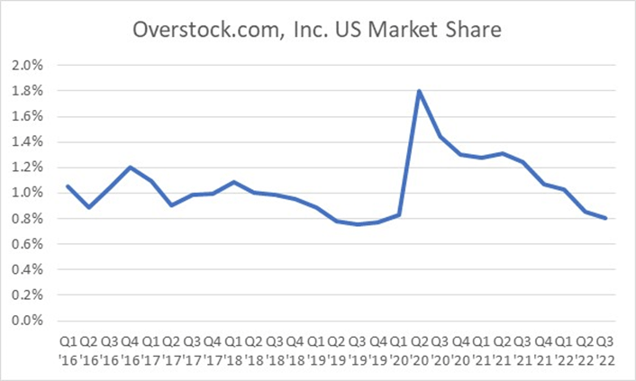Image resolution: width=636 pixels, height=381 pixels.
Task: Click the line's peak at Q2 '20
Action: click(x=420, y=91)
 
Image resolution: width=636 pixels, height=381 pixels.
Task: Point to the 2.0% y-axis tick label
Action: click(x=26, y=66)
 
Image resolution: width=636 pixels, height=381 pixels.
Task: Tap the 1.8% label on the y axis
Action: click(x=26, y=91)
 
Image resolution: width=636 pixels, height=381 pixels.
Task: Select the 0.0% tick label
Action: click(x=26, y=320)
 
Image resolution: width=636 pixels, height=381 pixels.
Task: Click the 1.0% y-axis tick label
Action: click(x=26, y=193)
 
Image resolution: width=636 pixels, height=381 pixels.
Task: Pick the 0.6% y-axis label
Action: click(x=26, y=243)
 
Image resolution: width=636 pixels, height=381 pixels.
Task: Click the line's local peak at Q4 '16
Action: click(x=130, y=168)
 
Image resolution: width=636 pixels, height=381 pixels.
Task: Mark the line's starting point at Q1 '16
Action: click(x=68, y=186)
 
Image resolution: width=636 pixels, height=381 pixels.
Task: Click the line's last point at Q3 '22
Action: click(x=606, y=218)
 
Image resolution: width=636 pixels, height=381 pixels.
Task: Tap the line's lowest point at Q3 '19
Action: click(x=358, y=224)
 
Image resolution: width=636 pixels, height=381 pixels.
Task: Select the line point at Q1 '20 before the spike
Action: click(x=399, y=215)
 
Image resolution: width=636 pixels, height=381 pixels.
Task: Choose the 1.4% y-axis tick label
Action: click(x=26, y=141)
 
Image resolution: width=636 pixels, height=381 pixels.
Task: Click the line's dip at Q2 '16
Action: click(x=88, y=207)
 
